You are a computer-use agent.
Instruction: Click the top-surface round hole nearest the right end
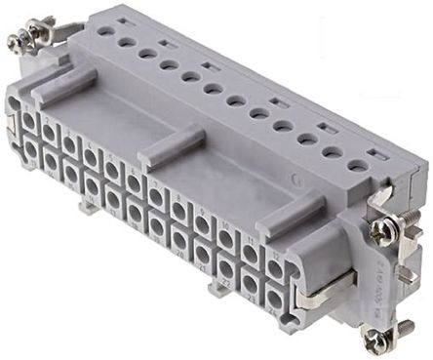(x=358, y=166)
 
